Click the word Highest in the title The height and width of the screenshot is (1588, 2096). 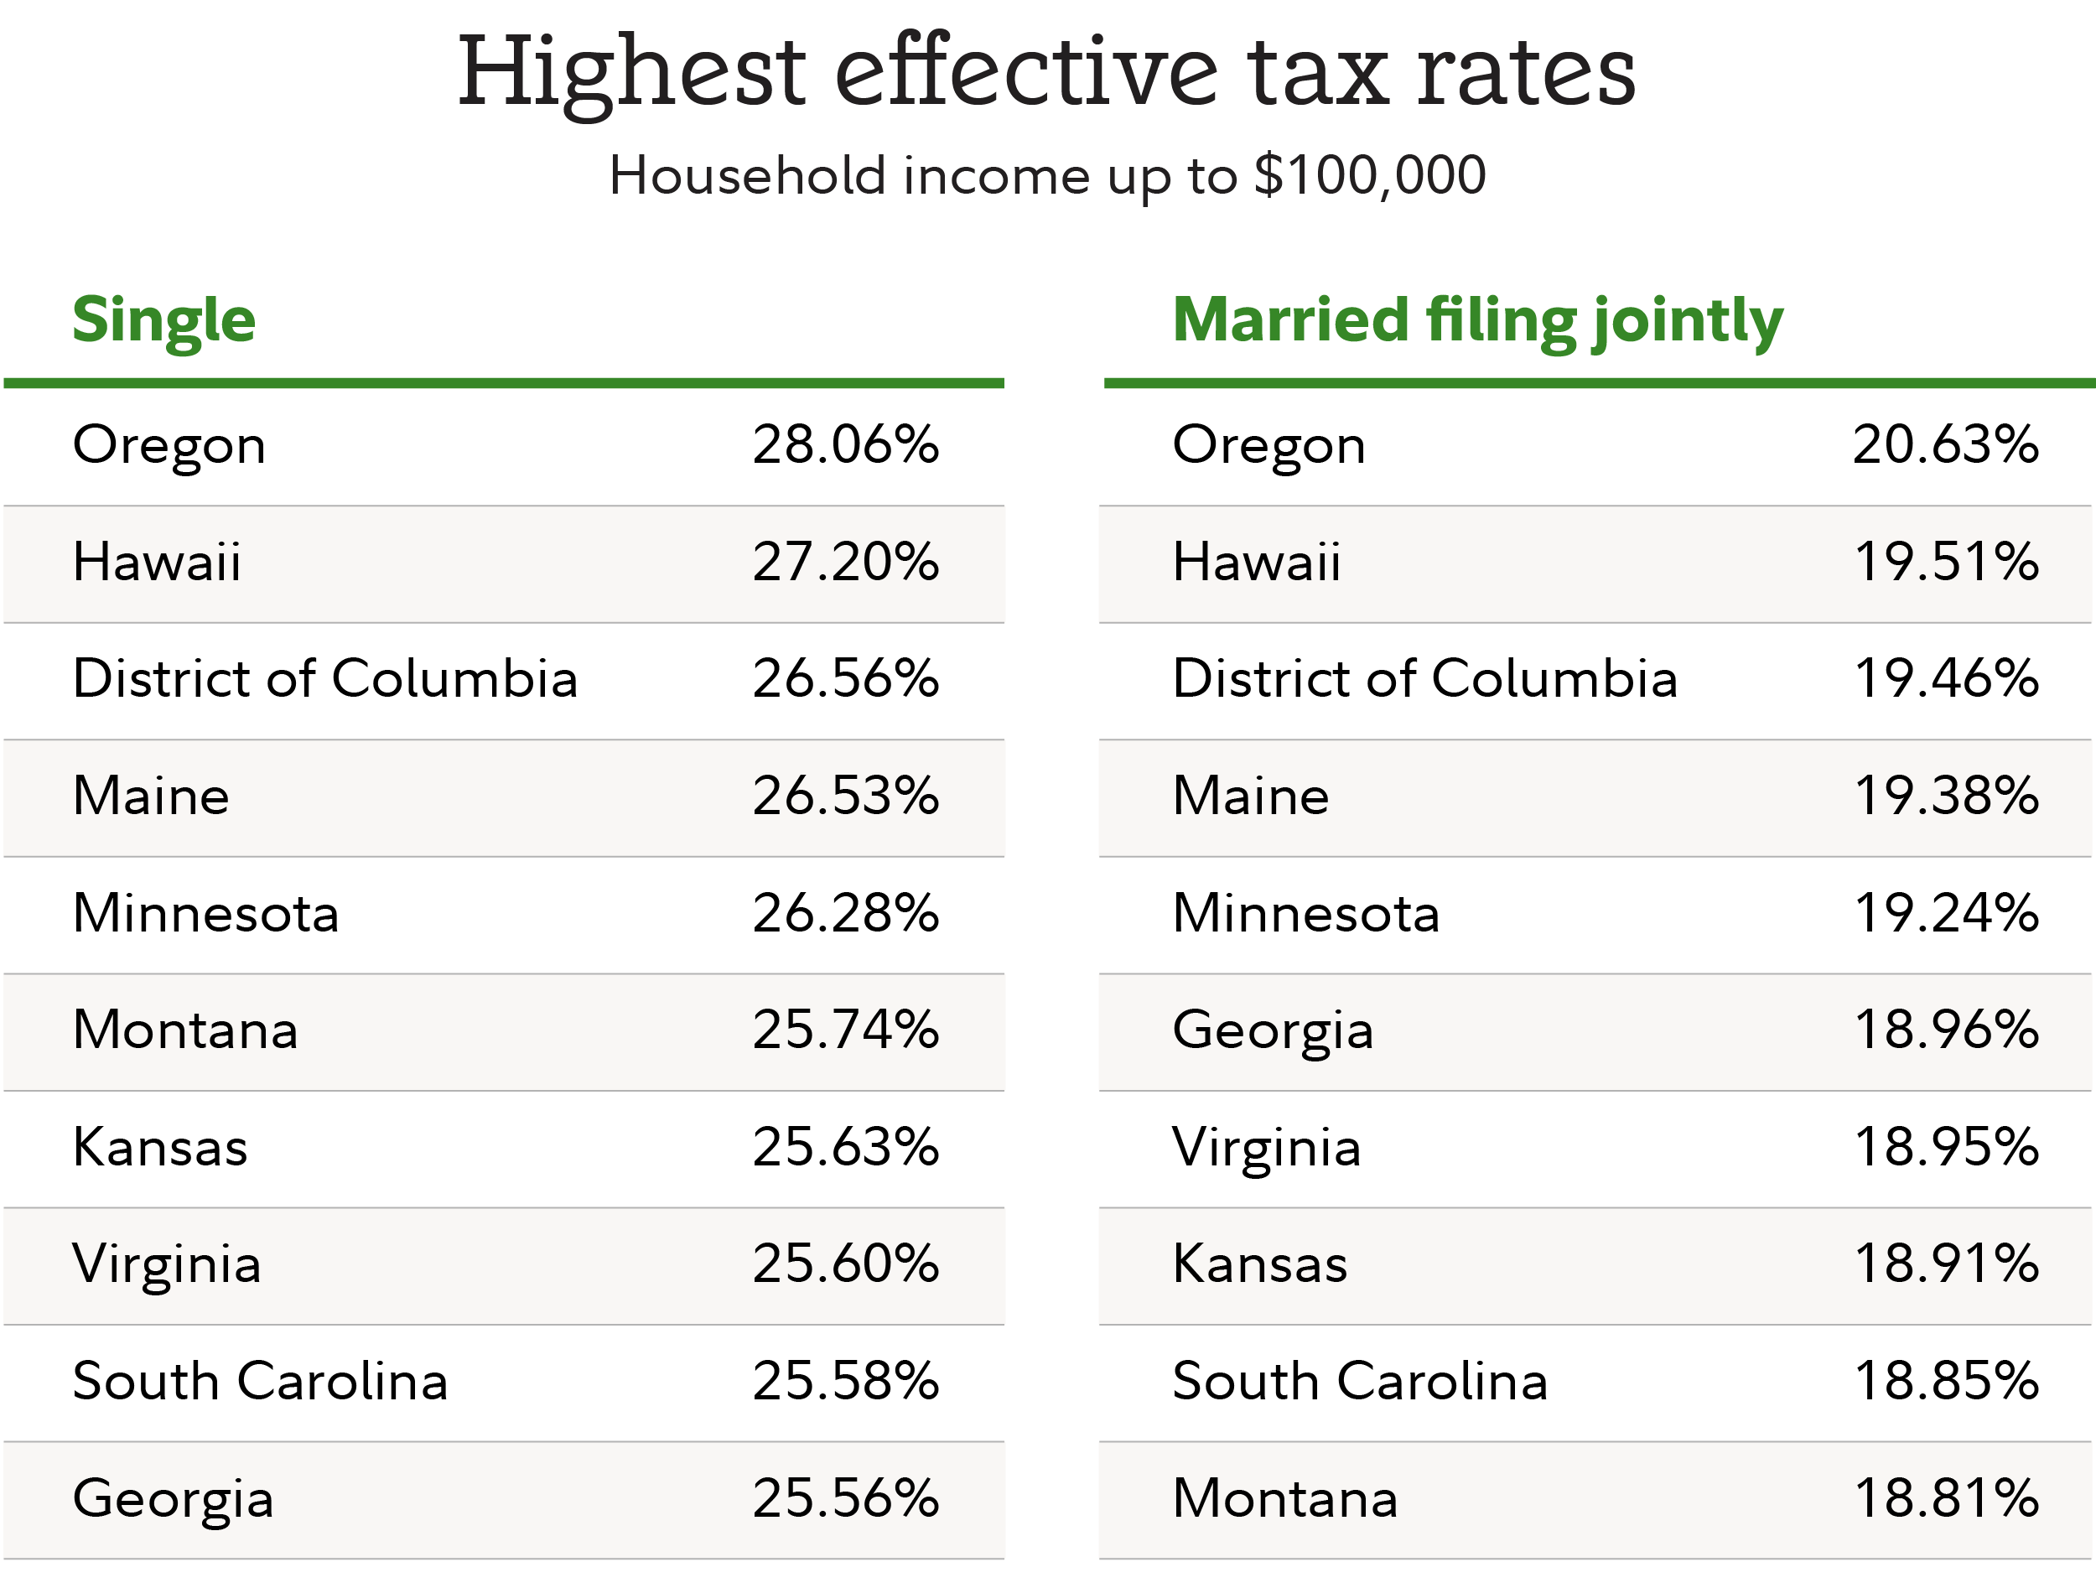pyautogui.click(x=631, y=74)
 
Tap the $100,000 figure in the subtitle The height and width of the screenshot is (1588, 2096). pyautogui.click(x=1369, y=175)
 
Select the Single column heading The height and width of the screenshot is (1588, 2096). pyautogui.click(x=164, y=320)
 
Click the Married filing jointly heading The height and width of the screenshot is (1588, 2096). pyautogui.click(x=1477, y=320)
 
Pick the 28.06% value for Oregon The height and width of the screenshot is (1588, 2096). pyautogui.click(x=845, y=444)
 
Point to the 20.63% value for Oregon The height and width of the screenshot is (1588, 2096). pyautogui.click(x=1945, y=444)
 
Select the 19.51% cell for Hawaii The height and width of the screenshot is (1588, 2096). pyautogui.click(x=1945, y=562)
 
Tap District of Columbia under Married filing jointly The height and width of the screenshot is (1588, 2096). pyautogui.click(x=1424, y=678)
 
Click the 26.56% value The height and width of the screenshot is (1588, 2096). pyautogui.click(x=845, y=678)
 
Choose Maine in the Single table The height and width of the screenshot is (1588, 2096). pyautogui.click(x=152, y=796)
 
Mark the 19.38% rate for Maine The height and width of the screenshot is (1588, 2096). pyautogui.click(x=1945, y=796)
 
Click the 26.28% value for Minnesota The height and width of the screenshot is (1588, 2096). pyautogui.click(x=845, y=912)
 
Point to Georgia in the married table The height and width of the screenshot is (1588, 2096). pyautogui.click(x=1273, y=1031)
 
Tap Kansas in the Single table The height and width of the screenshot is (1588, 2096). pyautogui.click(x=160, y=1148)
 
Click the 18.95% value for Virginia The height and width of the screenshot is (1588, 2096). pyautogui.click(x=1945, y=1148)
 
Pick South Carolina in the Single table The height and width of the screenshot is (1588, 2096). pyautogui.click(x=261, y=1382)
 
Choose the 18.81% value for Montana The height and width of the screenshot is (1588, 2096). pyautogui.click(x=1945, y=1499)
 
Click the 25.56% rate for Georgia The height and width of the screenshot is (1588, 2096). pyautogui.click(x=845, y=1499)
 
